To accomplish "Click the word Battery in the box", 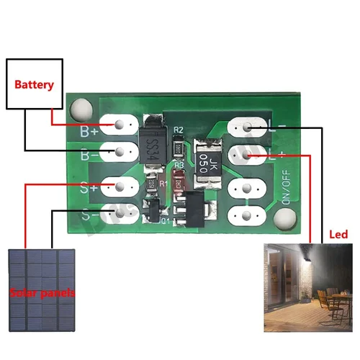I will coord(35,85).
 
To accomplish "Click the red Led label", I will coord(338,235).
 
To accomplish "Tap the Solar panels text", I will coord(42,293).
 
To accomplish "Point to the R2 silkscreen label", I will coord(179,130).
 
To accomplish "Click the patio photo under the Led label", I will coord(306,288).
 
